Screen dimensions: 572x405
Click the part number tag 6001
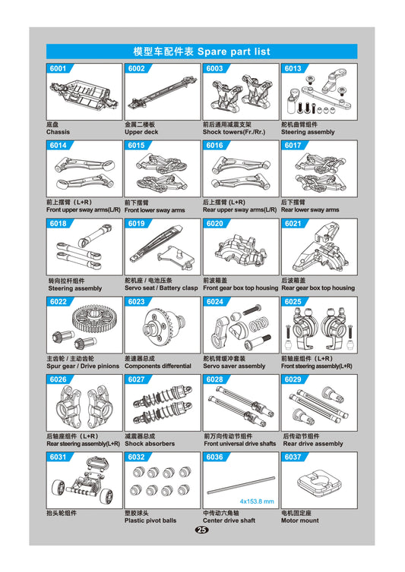tap(58, 68)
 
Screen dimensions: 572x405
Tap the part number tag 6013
tap(293, 68)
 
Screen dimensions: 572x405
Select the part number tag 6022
tap(58, 301)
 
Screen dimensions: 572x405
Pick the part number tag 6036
tap(214, 457)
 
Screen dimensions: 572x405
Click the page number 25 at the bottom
tap(202, 530)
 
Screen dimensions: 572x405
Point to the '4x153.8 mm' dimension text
tap(257, 501)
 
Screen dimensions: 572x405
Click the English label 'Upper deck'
tap(141, 132)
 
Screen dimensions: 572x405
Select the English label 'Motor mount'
tap(300, 520)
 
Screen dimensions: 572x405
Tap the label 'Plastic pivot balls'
tap(150, 520)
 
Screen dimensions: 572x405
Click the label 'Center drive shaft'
tap(229, 520)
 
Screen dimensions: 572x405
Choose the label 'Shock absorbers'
tap(150, 443)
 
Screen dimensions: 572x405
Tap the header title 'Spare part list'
tap(233, 52)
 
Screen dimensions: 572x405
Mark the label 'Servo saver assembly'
tap(234, 366)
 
